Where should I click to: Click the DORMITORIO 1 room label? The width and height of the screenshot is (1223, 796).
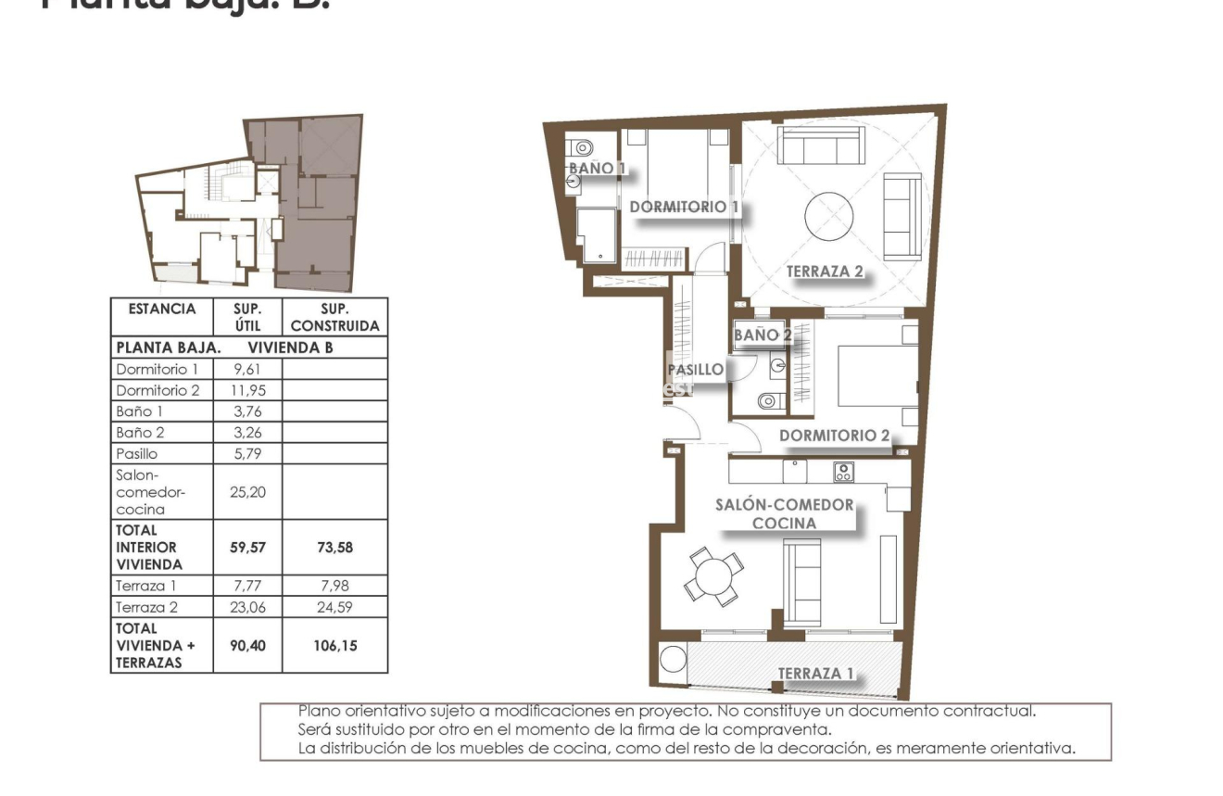(684, 207)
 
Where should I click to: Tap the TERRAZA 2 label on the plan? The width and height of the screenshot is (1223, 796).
(825, 272)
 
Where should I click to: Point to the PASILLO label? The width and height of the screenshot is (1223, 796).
(696, 370)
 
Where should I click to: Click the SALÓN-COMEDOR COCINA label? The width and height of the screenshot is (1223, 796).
(785, 514)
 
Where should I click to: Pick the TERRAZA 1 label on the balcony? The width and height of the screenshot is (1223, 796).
(815, 673)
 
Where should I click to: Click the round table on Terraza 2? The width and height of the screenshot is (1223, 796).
(828, 218)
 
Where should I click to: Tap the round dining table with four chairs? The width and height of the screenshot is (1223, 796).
(713, 575)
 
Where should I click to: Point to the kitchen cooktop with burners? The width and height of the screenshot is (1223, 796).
(842, 472)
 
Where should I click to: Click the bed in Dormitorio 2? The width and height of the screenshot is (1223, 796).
(876, 375)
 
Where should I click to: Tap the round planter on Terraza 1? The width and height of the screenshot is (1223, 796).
(671, 661)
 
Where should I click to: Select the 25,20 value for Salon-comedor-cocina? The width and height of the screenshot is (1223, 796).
(247, 492)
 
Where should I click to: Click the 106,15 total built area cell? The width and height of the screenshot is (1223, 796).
(334, 645)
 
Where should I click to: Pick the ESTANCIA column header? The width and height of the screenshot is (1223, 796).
(161, 309)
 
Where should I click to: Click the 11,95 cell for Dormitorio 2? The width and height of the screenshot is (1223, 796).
(247, 390)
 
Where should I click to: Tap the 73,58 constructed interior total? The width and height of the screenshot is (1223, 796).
(334, 548)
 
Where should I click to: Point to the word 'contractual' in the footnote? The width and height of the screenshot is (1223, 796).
(988, 712)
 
